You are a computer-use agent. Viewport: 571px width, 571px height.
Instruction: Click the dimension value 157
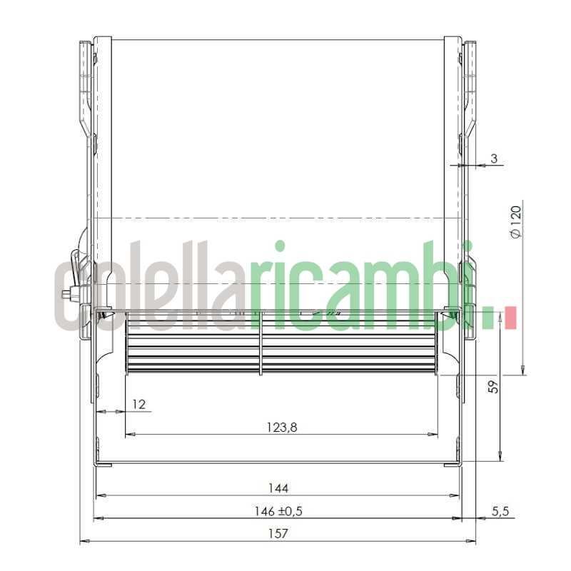point(278,532)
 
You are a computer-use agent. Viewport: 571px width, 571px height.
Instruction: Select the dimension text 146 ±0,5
point(278,511)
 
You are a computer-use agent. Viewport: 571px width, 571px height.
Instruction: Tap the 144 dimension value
point(278,488)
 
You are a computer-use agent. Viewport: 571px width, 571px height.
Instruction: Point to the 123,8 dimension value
point(282,428)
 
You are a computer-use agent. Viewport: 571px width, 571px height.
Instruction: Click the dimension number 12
point(138,405)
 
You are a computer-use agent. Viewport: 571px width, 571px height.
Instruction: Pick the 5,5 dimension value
point(500,511)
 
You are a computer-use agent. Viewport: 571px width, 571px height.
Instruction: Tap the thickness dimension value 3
point(494,158)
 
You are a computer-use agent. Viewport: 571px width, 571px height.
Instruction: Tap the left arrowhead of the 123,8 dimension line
point(129,434)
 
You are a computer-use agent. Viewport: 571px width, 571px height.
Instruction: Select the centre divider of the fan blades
point(261,343)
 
